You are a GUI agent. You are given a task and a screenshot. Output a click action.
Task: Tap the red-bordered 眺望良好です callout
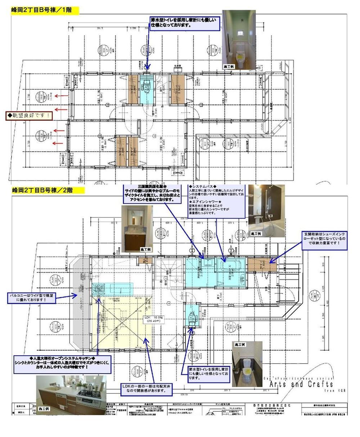[x=28, y=116]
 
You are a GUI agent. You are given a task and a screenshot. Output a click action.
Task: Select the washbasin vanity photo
[x=137, y=229]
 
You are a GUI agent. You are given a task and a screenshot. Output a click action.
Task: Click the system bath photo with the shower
[x=266, y=211]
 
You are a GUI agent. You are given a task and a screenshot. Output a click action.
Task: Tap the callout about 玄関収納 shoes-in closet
[x=325, y=241]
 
